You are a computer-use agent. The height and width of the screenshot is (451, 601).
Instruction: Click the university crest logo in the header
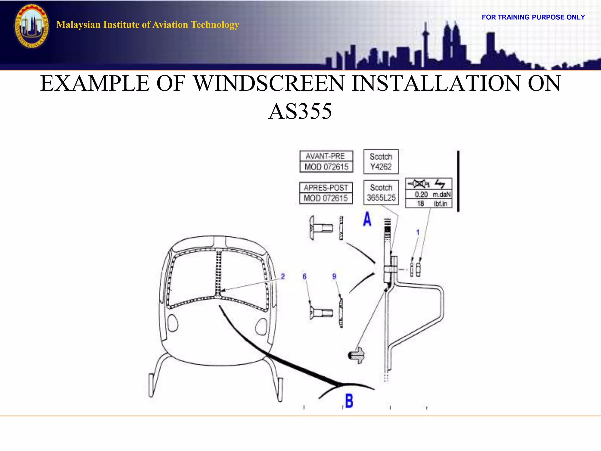[32, 26]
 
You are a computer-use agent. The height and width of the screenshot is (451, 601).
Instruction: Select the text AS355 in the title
[300, 111]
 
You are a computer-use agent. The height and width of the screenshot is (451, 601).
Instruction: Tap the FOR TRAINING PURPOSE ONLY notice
[533, 17]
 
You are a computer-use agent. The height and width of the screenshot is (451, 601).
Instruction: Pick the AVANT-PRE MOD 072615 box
[326, 161]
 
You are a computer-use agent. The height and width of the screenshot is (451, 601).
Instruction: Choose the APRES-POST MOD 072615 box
[326, 193]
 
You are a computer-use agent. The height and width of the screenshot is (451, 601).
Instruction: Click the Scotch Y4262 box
[381, 161]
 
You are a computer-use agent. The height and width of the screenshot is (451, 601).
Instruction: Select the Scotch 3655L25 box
[381, 193]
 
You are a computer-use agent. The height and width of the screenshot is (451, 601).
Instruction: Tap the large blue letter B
[349, 401]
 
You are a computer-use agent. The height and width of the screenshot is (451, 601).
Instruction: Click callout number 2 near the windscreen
[283, 276]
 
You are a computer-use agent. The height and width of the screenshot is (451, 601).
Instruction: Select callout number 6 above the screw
[304, 276]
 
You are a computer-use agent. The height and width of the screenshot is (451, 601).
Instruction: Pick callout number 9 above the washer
[334, 276]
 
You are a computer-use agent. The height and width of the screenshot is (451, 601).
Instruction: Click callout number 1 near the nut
[418, 232]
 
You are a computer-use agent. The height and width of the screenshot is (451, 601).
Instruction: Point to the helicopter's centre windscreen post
[218, 273]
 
